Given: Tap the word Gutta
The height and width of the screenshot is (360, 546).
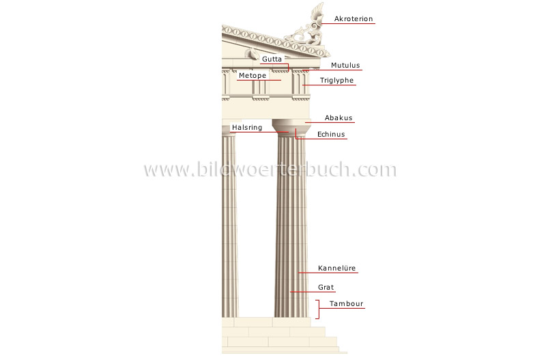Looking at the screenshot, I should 271,59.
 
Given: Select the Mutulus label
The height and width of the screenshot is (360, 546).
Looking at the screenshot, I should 345,66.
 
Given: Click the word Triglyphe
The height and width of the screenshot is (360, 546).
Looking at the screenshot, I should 339,81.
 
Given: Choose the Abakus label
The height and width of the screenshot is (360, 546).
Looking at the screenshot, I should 339,117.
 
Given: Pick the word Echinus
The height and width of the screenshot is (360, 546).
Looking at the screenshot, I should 331,135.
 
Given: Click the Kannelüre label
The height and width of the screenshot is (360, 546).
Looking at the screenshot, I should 337,268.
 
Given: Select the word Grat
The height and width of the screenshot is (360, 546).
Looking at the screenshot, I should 326,288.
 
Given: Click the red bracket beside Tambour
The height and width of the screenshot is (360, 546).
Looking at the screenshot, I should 317,309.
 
